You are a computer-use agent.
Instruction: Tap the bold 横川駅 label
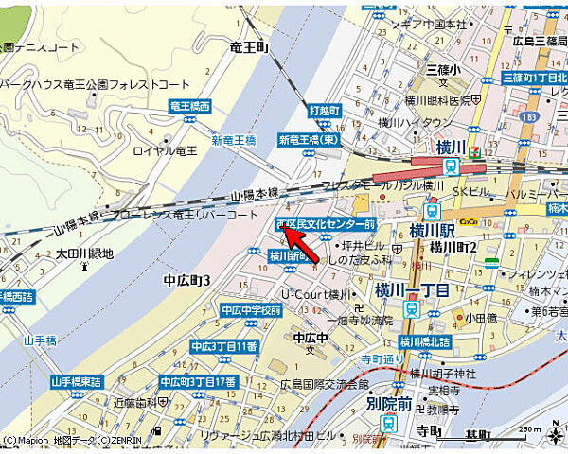pos(433,231)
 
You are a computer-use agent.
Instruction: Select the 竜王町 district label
pos(250,46)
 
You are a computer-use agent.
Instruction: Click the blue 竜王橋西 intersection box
pos(189,108)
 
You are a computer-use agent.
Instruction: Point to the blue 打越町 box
pos(324,111)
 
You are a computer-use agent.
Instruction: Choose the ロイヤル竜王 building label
pos(165,150)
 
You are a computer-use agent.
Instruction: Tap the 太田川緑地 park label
pos(84,253)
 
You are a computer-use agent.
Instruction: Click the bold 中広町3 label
pos(186,280)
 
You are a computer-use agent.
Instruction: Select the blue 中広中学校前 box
pos(251,309)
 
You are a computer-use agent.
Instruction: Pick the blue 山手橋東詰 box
pos(76,381)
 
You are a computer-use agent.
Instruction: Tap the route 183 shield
pos(524,115)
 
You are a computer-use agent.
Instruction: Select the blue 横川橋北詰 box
pos(424,342)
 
